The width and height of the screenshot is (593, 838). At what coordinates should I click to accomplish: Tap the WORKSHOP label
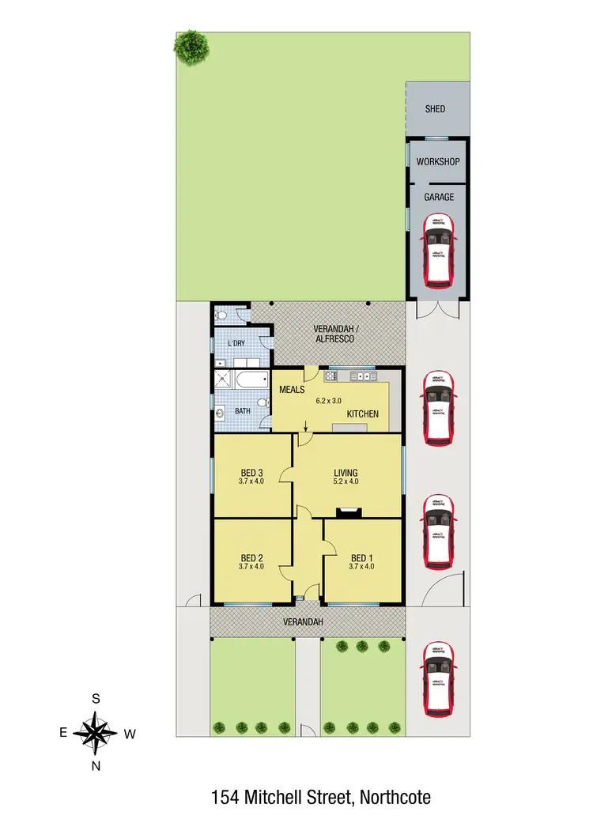coord(438,161)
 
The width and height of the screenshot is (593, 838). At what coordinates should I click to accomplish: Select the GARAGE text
coord(438,197)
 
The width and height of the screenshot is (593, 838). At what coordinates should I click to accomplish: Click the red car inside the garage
coord(439,251)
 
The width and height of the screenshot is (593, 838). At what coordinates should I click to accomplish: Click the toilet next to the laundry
coord(223,316)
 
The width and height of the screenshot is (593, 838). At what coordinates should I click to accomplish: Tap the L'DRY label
coord(236,344)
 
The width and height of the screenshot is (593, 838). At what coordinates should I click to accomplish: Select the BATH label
coord(242,412)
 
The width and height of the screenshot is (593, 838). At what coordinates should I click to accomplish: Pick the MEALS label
coord(292,390)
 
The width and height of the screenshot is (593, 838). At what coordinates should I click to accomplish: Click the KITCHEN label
coord(362,414)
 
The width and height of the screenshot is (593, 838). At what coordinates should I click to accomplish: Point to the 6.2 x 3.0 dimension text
coord(332,401)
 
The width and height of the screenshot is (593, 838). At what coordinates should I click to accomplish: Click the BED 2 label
coord(251,556)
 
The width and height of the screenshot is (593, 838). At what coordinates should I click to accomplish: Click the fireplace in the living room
coord(349,511)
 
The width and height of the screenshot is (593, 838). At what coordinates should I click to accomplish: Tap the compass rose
coord(95,732)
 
